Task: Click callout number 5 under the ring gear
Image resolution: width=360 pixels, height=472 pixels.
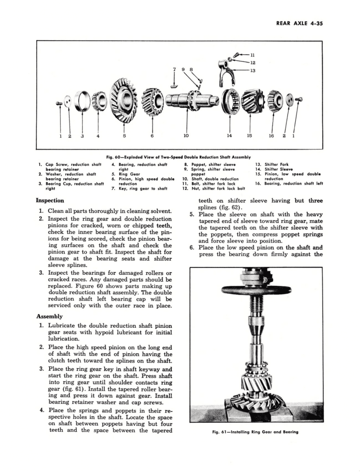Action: coord(124,136)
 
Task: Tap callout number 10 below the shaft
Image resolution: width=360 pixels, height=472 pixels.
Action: coord(186,136)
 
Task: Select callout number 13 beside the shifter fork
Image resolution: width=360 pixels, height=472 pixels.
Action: coord(253,71)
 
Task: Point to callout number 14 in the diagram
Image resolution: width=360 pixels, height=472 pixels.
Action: coord(229,136)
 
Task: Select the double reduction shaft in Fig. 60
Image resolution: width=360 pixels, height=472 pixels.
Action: coord(189,101)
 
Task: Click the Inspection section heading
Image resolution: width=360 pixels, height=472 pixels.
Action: coord(50,201)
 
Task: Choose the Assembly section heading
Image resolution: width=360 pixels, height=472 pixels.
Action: coord(49,316)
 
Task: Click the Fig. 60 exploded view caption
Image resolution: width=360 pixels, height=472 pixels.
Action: coord(179,157)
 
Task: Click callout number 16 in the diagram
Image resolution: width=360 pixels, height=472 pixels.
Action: coord(271,136)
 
